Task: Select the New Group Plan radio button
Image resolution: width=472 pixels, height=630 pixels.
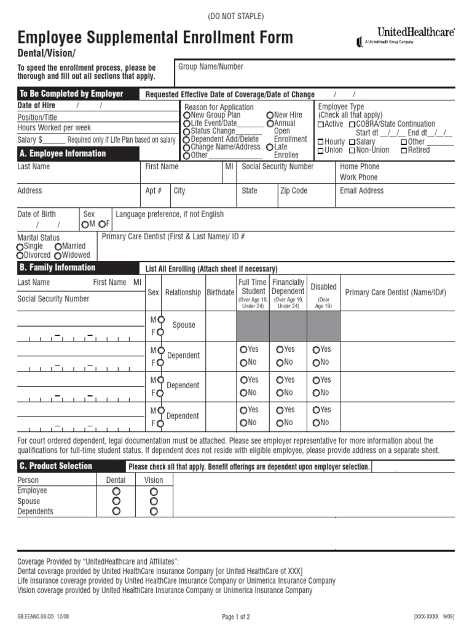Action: click(x=186, y=115)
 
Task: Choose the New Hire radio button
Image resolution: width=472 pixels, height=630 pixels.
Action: click(x=270, y=115)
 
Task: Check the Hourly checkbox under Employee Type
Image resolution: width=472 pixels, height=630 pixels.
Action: click(x=320, y=142)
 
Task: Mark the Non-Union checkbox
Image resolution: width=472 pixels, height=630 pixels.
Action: click(x=352, y=150)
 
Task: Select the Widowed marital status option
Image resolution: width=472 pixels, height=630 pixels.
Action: click(x=57, y=255)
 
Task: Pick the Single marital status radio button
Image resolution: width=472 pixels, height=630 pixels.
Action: click(x=20, y=247)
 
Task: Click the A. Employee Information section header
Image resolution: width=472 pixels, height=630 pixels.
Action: click(x=61, y=154)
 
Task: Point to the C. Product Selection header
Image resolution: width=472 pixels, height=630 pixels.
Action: click(x=55, y=466)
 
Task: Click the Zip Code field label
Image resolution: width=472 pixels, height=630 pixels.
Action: click(x=294, y=191)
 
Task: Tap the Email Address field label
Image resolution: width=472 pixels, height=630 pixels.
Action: click(x=361, y=191)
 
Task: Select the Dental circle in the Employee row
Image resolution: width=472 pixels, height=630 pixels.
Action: click(x=116, y=492)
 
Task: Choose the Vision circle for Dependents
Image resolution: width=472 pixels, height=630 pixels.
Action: click(x=154, y=511)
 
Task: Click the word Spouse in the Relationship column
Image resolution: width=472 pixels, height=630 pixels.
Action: click(x=184, y=325)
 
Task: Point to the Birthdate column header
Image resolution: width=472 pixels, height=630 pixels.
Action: click(x=220, y=293)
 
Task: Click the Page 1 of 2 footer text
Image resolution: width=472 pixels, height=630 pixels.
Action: click(x=236, y=617)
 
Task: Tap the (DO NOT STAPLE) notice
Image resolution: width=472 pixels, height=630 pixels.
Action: click(x=236, y=16)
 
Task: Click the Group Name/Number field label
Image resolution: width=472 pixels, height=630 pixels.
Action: click(x=211, y=66)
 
